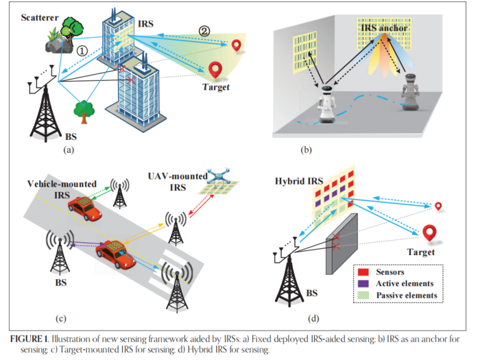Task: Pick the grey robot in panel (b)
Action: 409,91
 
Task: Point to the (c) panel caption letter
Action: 60,317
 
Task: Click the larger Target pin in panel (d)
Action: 431,233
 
